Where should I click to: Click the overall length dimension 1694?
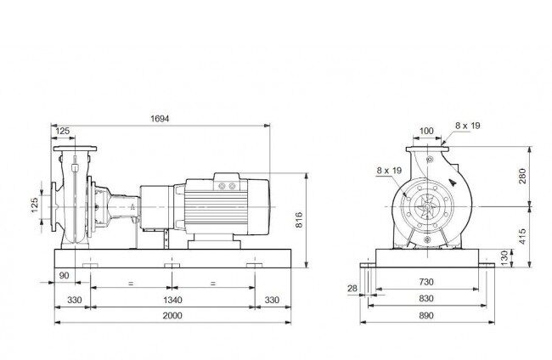coord(160,119)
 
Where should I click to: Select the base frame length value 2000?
coord(172,315)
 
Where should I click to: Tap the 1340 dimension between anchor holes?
coord(172,300)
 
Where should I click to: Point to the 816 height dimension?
coord(299,220)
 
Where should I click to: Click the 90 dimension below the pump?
coord(64,275)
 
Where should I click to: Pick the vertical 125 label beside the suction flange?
coord(35,205)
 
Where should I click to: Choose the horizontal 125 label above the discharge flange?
coord(63,131)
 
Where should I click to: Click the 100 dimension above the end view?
coord(426,131)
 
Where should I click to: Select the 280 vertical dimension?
coord(522,176)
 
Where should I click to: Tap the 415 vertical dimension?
coord(522,237)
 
